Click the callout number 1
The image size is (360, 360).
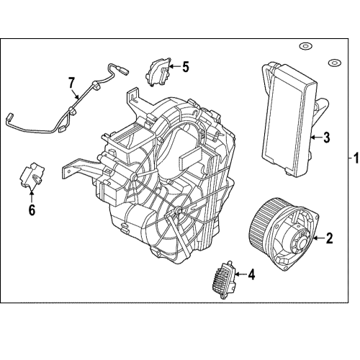[x=352, y=158]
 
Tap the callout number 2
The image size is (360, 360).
[x=329, y=238]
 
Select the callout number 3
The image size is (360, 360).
[x=325, y=136]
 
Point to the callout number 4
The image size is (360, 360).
[x=251, y=274]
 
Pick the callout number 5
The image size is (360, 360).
[x=185, y=67]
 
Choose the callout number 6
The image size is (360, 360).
[x=32, y=210]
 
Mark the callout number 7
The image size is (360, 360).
[x=71, y=83]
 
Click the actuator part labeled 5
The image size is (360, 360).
[x=158, y=71]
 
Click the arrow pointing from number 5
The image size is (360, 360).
[x=173, y=68]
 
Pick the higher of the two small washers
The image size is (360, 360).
[x=305, y=48]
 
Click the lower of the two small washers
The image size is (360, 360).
[x=334, y=63]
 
